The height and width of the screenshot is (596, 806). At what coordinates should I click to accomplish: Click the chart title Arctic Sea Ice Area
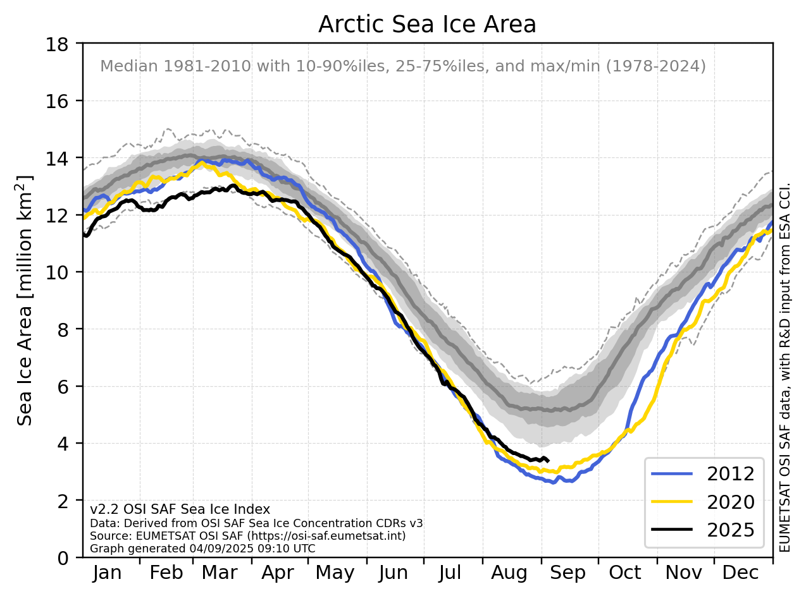click(x=427, y=25)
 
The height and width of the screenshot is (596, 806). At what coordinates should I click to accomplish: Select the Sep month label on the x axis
click(x=567, y=573)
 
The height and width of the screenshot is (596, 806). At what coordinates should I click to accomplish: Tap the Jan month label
click(x=107, y=573)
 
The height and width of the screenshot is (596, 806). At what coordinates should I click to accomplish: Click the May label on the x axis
click(x=335, y=573)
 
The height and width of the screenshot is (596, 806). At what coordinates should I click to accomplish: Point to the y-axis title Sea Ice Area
click(x=26, y=300)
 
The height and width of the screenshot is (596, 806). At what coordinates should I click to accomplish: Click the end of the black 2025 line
click(x=548, y=461)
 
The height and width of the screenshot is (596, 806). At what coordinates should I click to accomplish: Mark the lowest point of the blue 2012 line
click(x=554, y=483)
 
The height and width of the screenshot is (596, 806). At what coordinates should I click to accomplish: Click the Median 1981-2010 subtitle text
click(x=403, y=66)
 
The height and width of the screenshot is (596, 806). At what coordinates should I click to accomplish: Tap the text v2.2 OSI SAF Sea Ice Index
click(x=180, y=509)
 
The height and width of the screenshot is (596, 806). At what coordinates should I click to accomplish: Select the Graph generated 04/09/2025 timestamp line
click(x=202, y=549)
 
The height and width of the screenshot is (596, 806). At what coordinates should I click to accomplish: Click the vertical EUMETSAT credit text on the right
click(x=786, y=367)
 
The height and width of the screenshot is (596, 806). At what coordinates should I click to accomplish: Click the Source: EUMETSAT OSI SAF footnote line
click(x=247, y=536)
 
